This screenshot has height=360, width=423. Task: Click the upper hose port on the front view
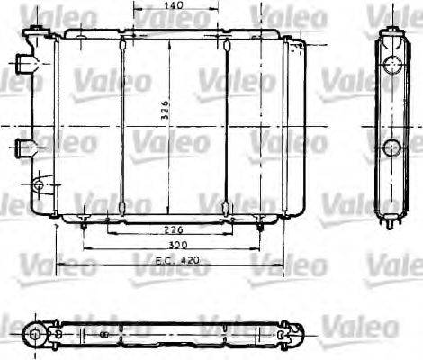pyautogui.click(x=23, y=65)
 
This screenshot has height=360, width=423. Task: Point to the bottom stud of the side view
pyautogui.click(x=391, y=222)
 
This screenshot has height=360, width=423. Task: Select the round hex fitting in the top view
pyautogui.click(x=35, y=335)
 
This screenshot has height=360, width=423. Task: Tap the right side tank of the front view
pyautogui.click(x=290, y=126)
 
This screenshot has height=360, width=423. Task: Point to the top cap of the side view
pyautogui.click(x=391, y=32)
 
